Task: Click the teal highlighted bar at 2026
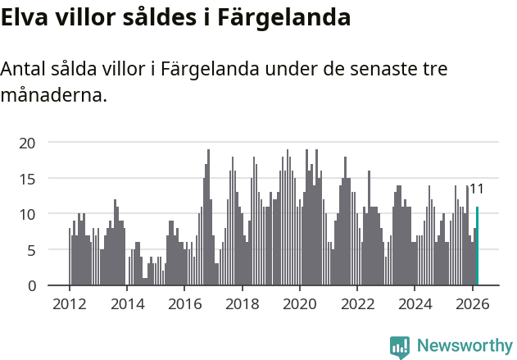coord(477,246)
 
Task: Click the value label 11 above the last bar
coord(476,189)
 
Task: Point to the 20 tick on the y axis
coord(28,143)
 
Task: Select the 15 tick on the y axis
coord(28,178)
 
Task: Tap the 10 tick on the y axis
coord(28,214)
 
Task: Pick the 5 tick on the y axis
coord(31,250)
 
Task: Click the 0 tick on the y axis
coord(31,285)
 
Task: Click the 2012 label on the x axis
coord(69,303)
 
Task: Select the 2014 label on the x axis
coord(126,303)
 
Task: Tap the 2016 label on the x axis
coord(184,303)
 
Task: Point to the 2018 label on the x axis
coord(242,303)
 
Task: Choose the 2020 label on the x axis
coord(299,303)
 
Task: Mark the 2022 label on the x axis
coord(357,303)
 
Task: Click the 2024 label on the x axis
coord(415,303)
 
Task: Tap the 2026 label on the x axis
coord(473,303)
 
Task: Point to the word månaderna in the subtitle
coord(53,95)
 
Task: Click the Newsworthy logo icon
coord(400,347)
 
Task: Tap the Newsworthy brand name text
coord(464,347)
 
